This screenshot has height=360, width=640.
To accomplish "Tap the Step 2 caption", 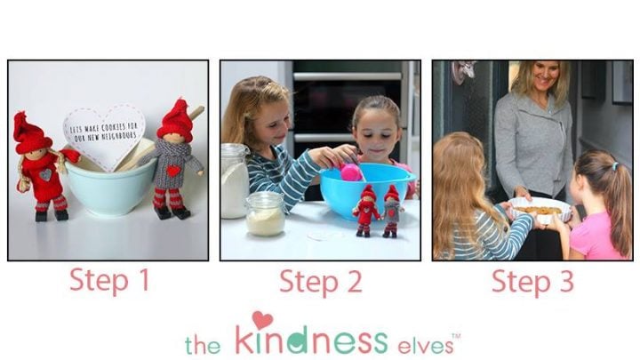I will [320, 282].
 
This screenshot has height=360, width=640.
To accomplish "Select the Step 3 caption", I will [532, 282].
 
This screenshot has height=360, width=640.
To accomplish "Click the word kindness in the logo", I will [311, 340].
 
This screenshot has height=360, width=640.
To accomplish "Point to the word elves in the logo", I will [423, 341].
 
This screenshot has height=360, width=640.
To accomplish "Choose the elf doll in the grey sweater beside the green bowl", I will [174, 164].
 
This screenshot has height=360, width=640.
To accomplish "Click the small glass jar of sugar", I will [265, 214].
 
